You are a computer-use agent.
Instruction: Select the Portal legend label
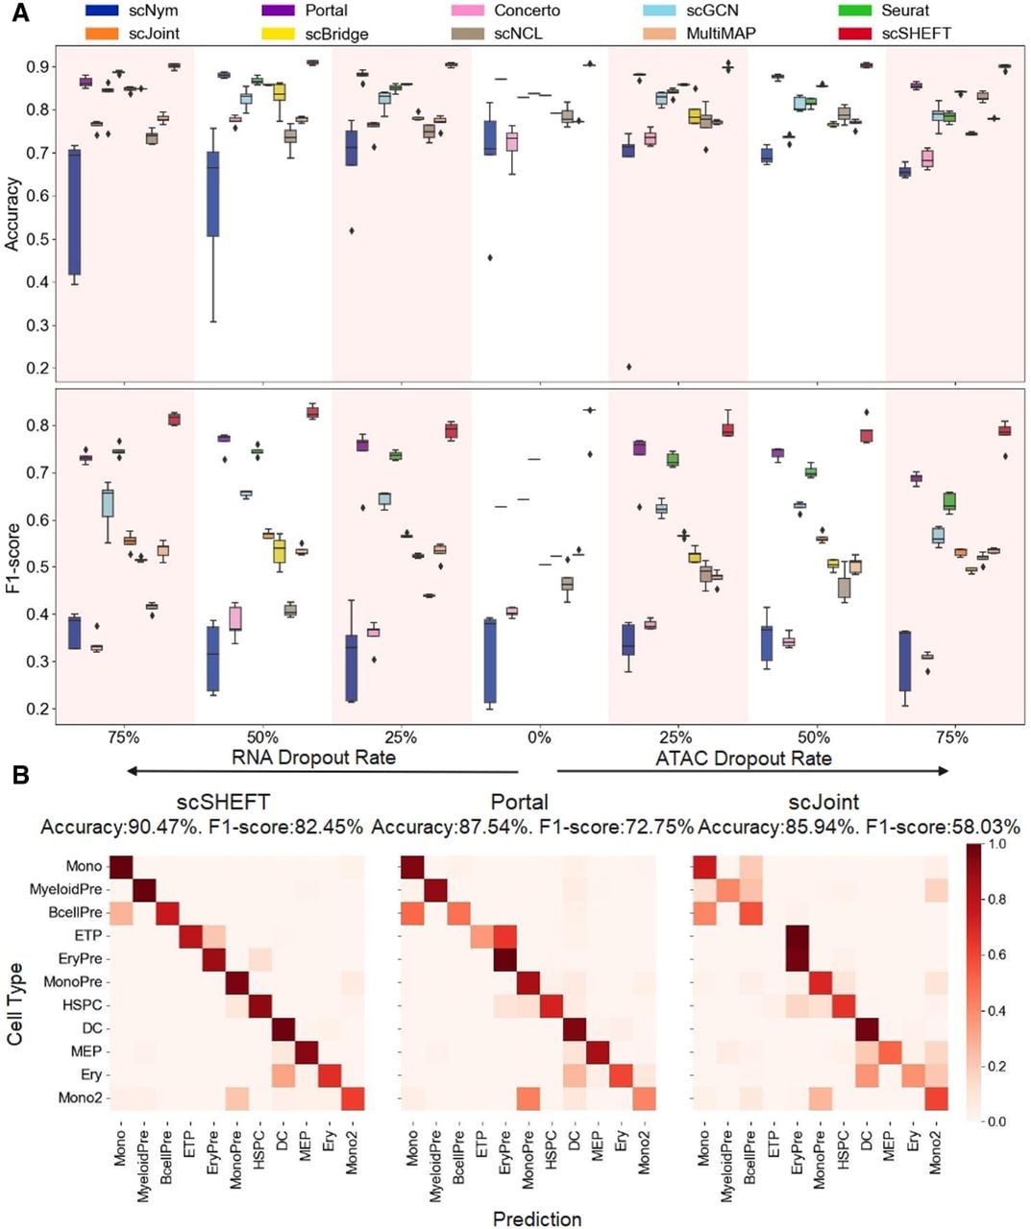(327, 11)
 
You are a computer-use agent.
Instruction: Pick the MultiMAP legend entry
(721, 34)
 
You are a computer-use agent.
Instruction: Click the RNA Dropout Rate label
(313, 758)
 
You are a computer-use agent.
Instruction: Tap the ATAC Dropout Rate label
(744, 759)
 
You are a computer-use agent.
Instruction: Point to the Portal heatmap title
(520, 802)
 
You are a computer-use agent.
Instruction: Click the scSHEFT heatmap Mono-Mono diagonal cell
(122, 866)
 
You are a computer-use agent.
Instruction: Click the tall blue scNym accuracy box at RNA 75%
(74, 212)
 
